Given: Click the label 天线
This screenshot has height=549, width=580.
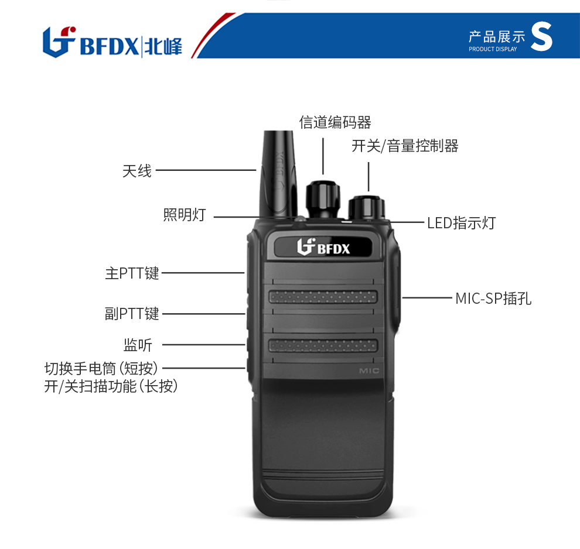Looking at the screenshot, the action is pyautogui.click(x=137, y=171).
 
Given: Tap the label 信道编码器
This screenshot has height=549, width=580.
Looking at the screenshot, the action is pyautogui.click(x=335, y=122).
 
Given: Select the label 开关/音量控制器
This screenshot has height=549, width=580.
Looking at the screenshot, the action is pyautogui.click(x=405, y=146).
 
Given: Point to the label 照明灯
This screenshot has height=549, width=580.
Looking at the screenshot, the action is pyautogui.click(x=184, y=215).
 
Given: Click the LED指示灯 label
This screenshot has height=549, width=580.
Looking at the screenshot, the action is pyautogui.click(x=461, y=223).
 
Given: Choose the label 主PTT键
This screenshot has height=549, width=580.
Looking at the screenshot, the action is pyautogui.click(x=132, y=273).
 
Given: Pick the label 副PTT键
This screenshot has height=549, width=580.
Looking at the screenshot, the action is pyautogui.click(x=132, y=314).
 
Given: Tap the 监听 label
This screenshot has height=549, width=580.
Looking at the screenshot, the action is pyautogui.click(x=138, y=345).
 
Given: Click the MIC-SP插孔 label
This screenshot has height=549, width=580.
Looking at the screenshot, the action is pyautogui.click(x=493, y=298).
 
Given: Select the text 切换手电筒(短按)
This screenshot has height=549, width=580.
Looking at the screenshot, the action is pyautogui.click(x=101, y=368).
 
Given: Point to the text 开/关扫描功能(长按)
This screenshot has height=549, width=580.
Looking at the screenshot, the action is pyautogui.click(x=111, y=386).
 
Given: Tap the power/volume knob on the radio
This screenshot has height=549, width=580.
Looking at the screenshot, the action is pyautogui.click(x=367, y=208).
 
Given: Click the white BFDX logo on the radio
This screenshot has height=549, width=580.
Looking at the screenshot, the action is pyautogui.click(x=323, y=247).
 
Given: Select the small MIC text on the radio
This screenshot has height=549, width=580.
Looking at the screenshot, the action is pyautogui.click(x=369, y=370).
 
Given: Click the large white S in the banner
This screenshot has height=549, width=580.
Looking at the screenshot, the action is pyautogui.click(x=541, y=36).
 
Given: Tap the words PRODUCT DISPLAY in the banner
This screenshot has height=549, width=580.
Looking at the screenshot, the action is pyautogui.click(x=493, y=49).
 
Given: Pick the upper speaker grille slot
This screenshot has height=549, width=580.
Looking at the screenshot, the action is pyautogui.click(x=323, y=297).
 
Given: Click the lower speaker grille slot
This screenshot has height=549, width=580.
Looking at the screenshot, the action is pyautogui.click(x=323, y=345).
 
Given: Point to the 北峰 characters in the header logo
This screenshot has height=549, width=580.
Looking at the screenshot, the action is pyautogui.click(x=163, y=47).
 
